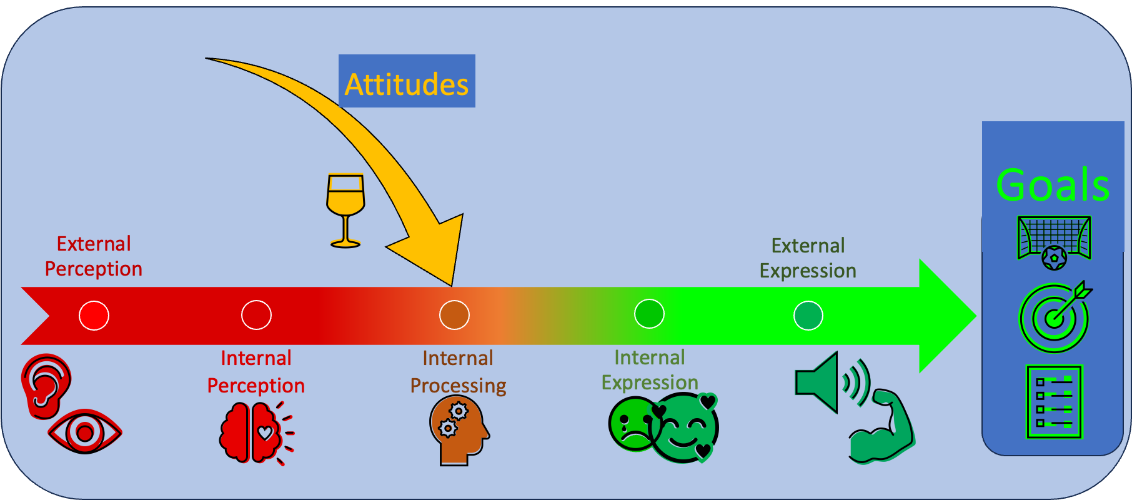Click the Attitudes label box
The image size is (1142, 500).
coord(407,81)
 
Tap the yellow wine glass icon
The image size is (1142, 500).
coord(345,211)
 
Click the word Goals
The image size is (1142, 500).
coord(1053,185)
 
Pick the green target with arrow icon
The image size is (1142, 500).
coord(1055,316)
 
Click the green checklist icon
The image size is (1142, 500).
coord(1054,402)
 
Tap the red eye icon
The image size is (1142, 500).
coord(85,432)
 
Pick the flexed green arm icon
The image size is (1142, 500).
coord(881,426)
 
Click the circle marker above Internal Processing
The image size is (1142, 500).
coord(454,315)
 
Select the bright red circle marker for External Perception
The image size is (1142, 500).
coord(94,315)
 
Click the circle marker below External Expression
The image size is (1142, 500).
coord(808,315)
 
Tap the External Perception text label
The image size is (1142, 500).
coord(94,256)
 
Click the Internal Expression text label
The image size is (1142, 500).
coord(650,370)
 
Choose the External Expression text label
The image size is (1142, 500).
coord(808,258)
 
